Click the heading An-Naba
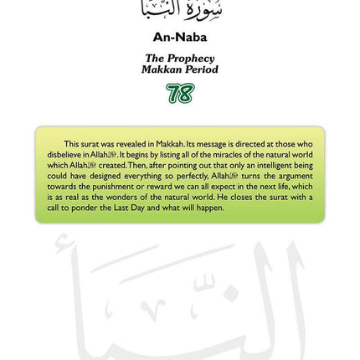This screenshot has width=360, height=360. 179,38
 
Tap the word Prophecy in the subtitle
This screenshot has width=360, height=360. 191,58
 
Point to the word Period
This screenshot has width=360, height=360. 199,69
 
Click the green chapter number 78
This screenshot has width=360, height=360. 179,93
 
